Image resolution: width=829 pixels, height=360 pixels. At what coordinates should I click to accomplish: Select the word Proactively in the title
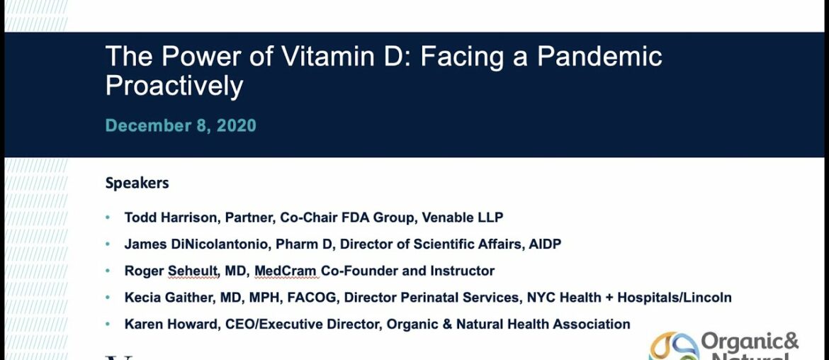174,86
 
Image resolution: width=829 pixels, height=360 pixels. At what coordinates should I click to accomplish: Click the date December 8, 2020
181,126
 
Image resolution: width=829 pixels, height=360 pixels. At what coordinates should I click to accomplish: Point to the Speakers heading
137,183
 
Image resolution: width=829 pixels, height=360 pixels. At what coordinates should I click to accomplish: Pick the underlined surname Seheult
201,271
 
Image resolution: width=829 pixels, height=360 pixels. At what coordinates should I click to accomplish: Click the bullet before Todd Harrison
108,218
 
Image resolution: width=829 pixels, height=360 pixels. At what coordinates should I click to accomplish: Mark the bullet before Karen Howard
108,325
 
